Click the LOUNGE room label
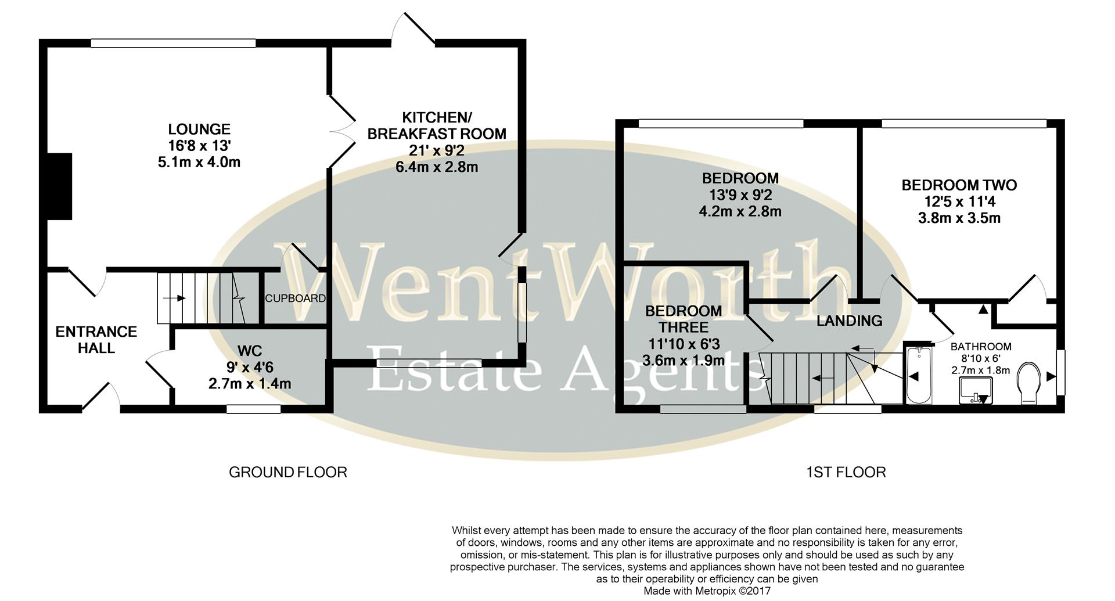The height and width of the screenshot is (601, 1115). coord(199,129)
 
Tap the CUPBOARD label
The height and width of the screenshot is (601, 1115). coord(295,298)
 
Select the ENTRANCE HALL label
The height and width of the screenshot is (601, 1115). coord(96,340)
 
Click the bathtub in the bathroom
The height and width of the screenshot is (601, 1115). coord(918,376)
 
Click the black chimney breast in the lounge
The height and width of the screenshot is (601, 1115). coord(59,186)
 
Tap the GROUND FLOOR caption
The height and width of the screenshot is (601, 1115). coord(288,472)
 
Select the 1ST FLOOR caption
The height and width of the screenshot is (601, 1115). coord(846,472)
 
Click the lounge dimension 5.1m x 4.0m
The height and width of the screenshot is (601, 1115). coord(199,162)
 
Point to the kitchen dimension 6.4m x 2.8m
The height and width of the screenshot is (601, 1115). coord(436,167)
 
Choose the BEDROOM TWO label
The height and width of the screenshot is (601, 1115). coord(959,185)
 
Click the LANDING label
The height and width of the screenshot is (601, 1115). coord(849,321)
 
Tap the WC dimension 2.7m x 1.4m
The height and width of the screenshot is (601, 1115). coord(250,384)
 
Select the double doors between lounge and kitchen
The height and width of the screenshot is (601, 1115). coord(341,132)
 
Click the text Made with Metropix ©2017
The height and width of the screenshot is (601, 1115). coord(707,591)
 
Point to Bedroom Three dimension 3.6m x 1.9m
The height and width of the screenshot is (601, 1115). coord(684,360)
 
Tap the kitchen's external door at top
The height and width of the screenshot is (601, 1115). coord(413,29)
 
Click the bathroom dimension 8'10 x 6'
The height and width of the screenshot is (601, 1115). coord(981,347)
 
